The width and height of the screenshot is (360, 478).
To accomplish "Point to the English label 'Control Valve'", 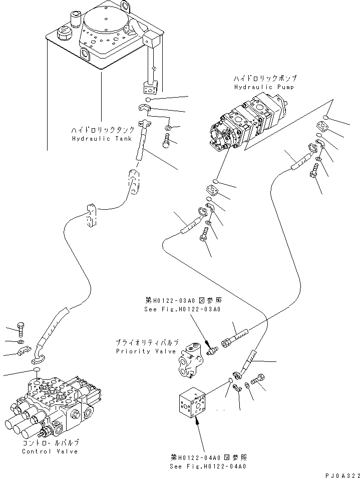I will click(x=50, y=451).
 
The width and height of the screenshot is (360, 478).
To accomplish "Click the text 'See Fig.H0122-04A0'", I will click(x=208, y=466).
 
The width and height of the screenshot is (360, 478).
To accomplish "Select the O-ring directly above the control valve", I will click(x=37, y=371).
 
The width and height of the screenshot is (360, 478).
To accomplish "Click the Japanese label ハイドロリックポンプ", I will click(x=265, y=79).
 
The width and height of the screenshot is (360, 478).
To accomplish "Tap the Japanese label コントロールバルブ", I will click(x=50, y=443).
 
